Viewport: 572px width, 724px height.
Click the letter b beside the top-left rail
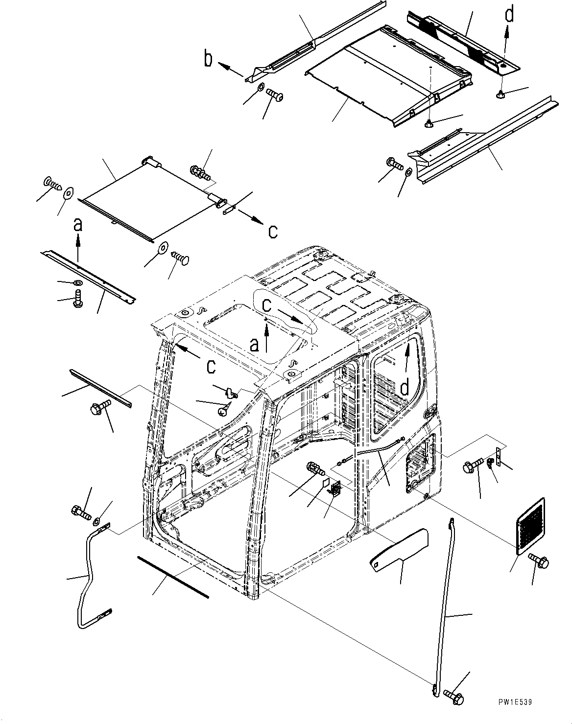(209, 59)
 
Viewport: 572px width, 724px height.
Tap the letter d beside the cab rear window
(405, 388)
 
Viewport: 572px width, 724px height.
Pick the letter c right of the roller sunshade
(273, 230)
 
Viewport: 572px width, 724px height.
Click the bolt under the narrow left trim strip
(97, 408)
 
